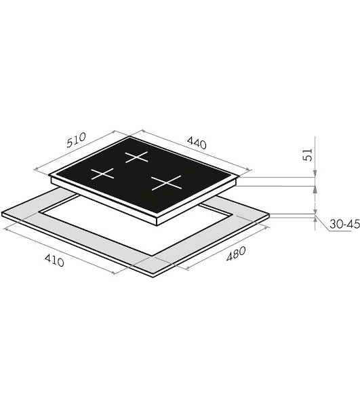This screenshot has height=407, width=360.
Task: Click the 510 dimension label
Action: pos(76,140)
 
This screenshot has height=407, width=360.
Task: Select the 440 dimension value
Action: pos(197,143)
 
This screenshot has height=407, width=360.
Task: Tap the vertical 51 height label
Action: pos(308,155)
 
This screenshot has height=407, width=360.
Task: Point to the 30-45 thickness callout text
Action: pos(344,224)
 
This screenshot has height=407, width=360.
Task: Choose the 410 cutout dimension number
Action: pos(54,260)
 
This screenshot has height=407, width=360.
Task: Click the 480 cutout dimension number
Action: pos(236,254)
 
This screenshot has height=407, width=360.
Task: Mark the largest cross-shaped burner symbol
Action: pos(167,182)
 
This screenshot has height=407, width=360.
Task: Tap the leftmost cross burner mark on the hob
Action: pos(102,174)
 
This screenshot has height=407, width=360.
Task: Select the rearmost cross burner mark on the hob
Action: pos(137,157)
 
